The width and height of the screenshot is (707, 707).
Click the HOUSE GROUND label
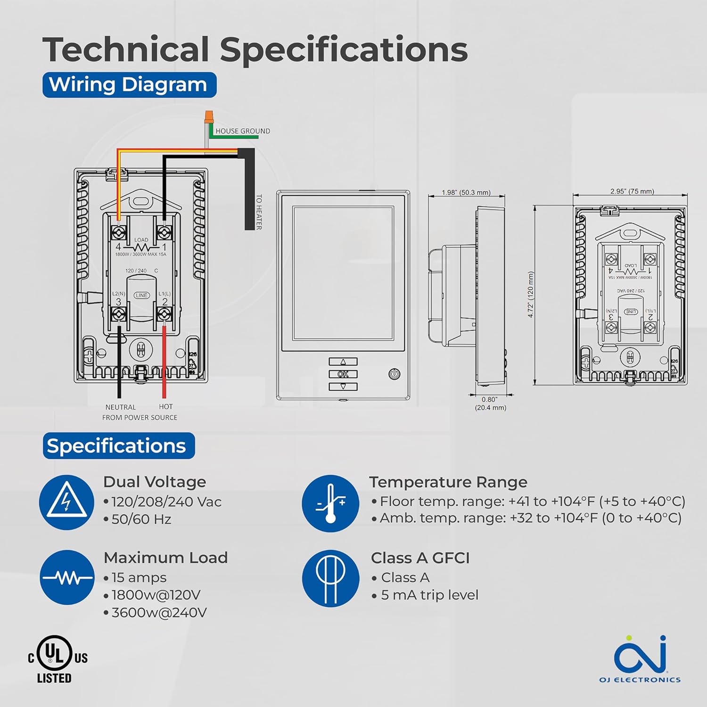point(243,131)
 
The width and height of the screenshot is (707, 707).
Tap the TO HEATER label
point(259,212)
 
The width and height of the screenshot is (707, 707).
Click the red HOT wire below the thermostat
point(164,363)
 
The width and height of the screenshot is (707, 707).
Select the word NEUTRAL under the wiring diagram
point(121,407)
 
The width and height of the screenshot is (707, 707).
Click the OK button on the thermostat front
point(343,374)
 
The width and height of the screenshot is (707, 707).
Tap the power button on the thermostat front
point(395,374)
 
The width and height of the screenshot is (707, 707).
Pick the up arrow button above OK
point(343,362)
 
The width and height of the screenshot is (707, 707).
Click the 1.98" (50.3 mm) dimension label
point(466,192)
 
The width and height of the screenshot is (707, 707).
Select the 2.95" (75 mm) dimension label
point(632,191)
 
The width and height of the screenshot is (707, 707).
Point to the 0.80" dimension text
point(489,400)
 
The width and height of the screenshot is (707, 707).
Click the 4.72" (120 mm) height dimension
point(531,295)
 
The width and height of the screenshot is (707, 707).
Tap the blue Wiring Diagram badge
point(129,85)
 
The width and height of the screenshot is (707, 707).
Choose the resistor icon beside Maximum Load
point(67,577)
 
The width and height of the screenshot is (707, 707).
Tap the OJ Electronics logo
point(640,658)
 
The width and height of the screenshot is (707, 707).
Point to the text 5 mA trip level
point(429,595)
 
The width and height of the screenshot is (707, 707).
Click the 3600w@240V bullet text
point(159,613)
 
